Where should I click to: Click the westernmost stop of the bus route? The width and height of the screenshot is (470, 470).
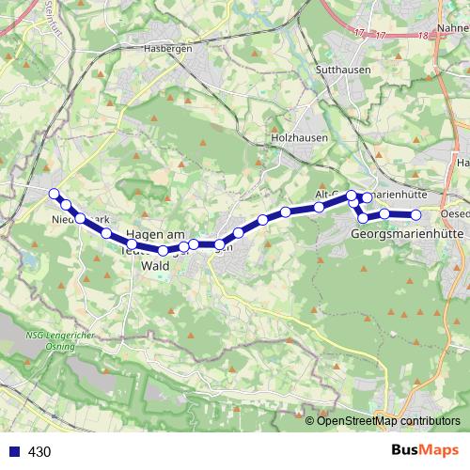[x=54, y=195]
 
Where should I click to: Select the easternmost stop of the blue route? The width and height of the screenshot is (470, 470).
[x=415, y=215]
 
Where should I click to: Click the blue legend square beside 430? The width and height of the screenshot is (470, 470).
[x=11, y=451]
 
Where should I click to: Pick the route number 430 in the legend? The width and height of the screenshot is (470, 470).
[x=39, y=451]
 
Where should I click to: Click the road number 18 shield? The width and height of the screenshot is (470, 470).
[x=426, y=35]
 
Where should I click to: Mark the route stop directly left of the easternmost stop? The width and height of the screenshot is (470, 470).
[x=385, y=214]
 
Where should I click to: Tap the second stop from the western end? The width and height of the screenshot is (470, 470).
[x=66, y=205]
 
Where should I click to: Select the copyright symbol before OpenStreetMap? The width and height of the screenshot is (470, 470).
[x=311, y=420]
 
